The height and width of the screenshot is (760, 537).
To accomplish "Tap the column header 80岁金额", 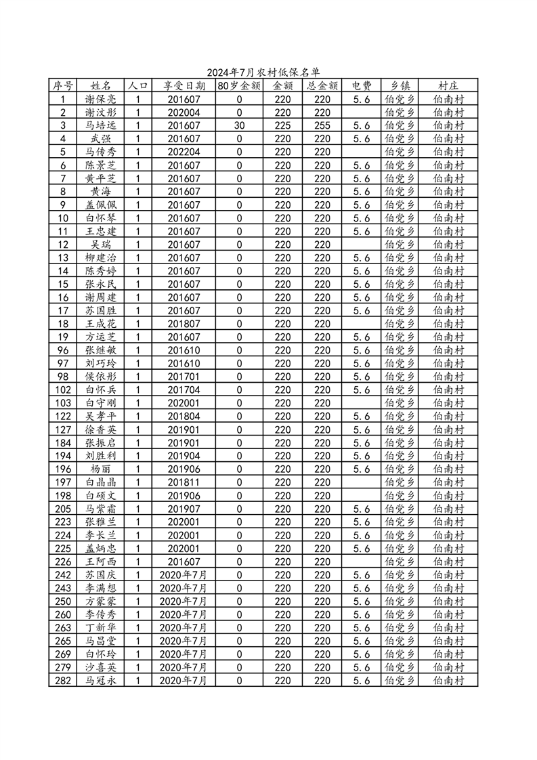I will point(239,86).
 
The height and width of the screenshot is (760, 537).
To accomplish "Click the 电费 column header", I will point(361,86).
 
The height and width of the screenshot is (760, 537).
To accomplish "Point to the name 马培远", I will point(101,125).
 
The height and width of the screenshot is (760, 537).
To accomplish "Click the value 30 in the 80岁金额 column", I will point(239,125).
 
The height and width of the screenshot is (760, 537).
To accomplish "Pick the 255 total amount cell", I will point(322,125).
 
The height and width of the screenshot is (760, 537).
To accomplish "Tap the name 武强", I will point(101,139).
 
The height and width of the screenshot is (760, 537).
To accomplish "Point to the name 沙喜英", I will point(101,667).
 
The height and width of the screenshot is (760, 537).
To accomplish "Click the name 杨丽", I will point(101,469).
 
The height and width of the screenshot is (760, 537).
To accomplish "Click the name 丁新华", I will point(101,627).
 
